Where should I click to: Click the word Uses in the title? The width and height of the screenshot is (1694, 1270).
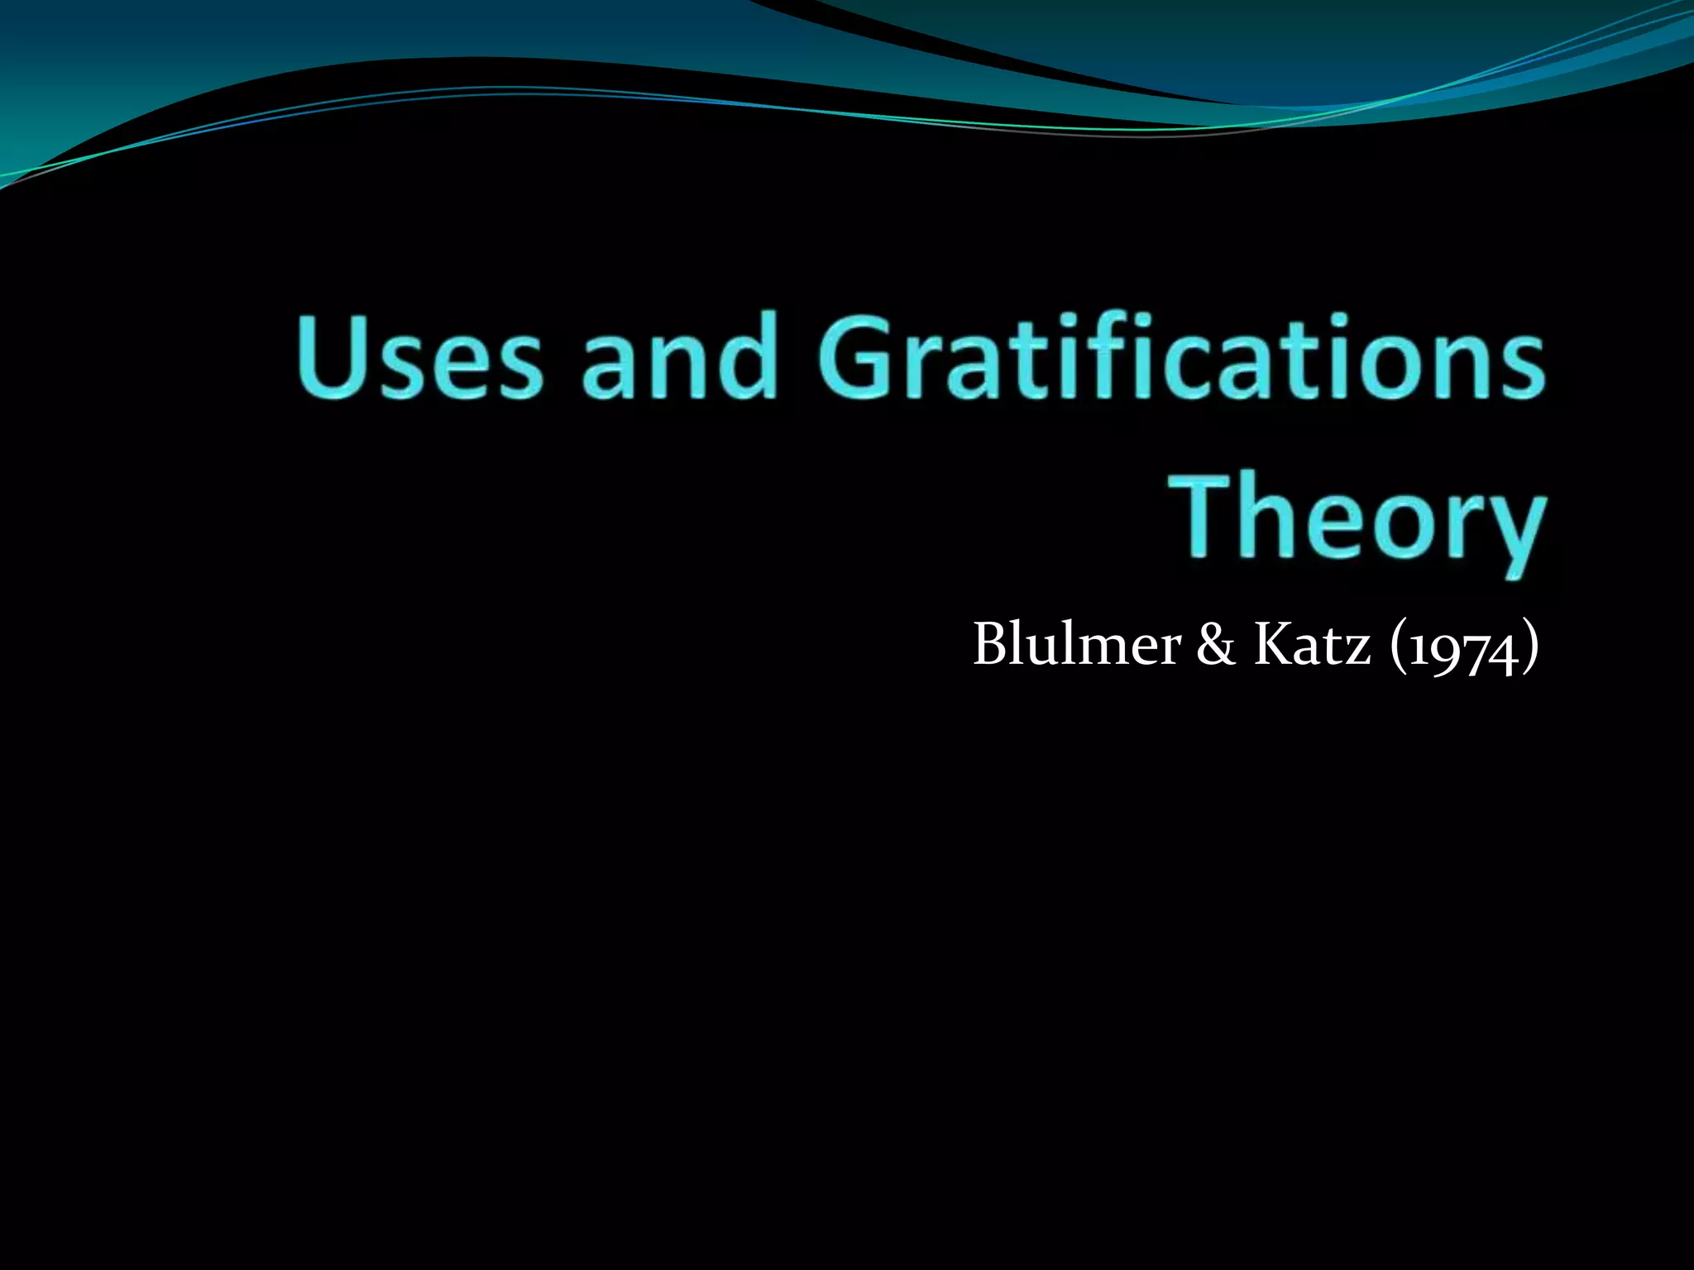click(x=420, y=357)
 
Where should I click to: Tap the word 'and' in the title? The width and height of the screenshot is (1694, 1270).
click(x=680, y=357)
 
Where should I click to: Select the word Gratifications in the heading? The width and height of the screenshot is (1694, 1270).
click(x=1181, y=357)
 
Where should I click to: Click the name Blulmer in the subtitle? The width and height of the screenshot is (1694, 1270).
click(x=1076, y=643)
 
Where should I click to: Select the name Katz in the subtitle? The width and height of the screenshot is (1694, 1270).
click(x=1311, y=643)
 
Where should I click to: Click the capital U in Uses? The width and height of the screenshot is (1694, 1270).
click(x=331, y=356)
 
